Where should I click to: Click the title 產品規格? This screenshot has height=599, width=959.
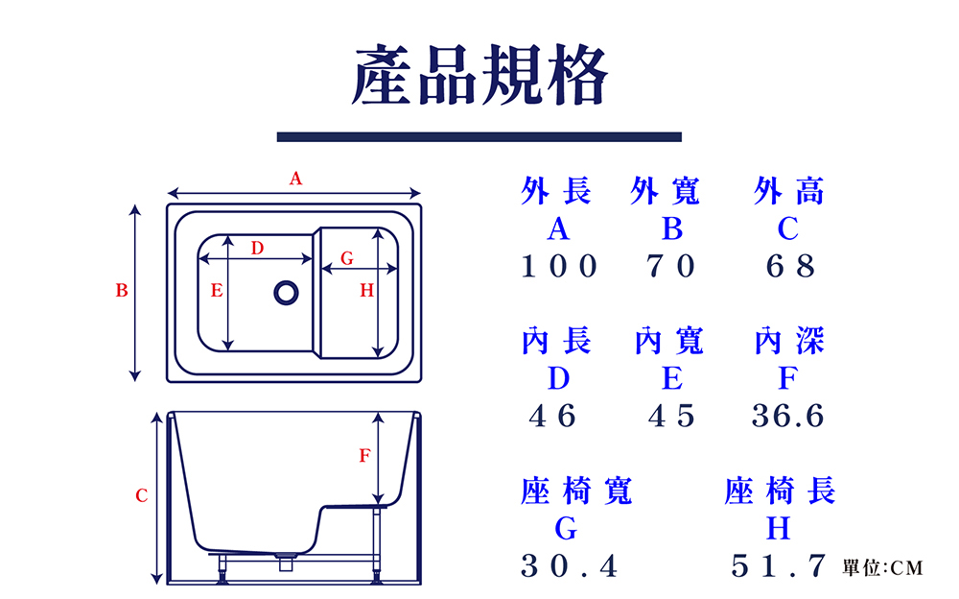tap(479, 75)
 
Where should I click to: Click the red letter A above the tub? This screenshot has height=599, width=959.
tap(295, 178)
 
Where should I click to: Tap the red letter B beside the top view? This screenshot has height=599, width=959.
tap(122, 290)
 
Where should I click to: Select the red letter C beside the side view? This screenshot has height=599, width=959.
tap(141, 496)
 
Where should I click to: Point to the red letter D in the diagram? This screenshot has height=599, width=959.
tap(257, 248)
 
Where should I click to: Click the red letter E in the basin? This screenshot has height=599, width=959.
tap(217, 290)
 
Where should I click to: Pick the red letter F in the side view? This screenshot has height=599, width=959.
tap(364, 456)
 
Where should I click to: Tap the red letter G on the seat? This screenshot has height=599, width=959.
tap(347, 258)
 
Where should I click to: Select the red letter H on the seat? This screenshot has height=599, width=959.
tap(366, 291)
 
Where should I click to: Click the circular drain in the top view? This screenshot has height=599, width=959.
tap(286, 292)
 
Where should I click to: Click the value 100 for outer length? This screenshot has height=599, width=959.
tap(560, 266)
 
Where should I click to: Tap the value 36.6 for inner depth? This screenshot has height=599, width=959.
tap(788, 416)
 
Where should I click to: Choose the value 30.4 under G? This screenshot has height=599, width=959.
tap(570, 566)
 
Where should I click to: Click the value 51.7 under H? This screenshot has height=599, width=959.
tap(778, 566)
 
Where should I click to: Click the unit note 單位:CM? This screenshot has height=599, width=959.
tap(882, 568)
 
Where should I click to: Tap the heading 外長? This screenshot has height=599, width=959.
tap(556, 192)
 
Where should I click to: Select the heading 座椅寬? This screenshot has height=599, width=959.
tap(576, 491)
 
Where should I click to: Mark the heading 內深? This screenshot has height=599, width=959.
tap(789, 341)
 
